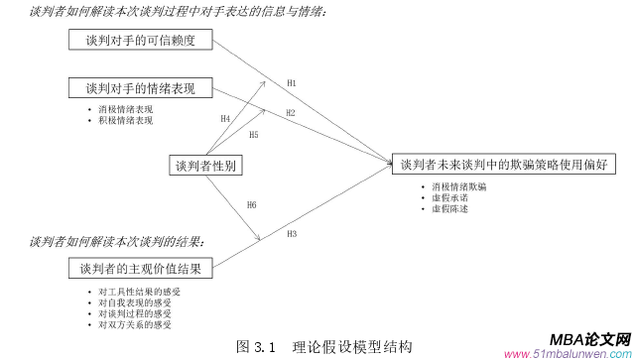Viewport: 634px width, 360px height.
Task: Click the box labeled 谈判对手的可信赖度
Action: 142,41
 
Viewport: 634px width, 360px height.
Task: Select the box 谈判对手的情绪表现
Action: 142,87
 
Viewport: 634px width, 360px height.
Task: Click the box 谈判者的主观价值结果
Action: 141,268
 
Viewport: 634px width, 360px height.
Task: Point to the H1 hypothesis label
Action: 291,81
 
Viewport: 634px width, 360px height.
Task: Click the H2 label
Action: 291,113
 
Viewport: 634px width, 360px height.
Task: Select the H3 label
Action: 292,234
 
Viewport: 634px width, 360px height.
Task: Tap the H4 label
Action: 225,118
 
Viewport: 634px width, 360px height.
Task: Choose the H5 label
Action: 253,134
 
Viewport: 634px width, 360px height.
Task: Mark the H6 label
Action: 251,204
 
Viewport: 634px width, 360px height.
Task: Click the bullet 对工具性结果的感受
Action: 135,291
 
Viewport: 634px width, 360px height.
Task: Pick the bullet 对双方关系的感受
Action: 135,324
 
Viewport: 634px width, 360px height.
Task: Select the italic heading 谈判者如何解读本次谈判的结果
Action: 117,241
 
